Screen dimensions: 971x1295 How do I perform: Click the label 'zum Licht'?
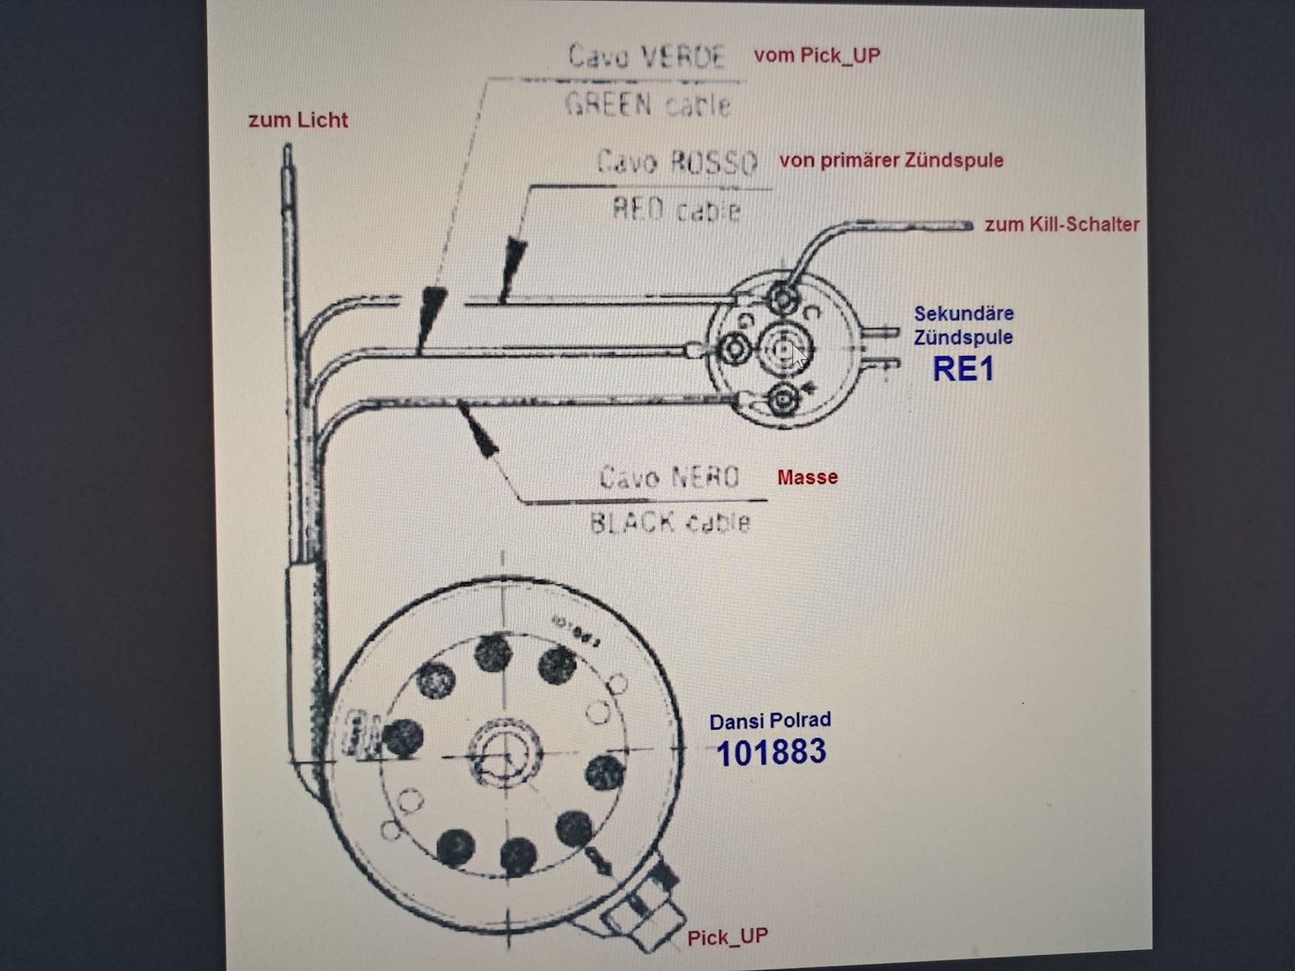pos(298,121)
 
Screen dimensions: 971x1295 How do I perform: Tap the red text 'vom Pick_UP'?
pos(817,56)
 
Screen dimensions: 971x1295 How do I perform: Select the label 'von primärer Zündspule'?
pos(891,160)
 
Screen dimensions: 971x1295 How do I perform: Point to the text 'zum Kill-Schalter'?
pos(1062,225)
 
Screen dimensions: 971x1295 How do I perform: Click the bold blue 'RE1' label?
pos(962,369)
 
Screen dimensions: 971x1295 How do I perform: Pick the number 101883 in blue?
pos(771,753)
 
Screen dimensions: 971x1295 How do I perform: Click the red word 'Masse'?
pos(807,477)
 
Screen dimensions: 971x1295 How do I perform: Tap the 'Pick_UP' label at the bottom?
pos(728,938)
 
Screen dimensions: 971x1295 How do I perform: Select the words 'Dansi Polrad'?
pos(770,721)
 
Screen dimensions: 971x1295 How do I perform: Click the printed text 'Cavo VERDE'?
pos(647,57)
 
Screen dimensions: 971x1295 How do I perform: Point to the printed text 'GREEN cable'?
pos(647,105)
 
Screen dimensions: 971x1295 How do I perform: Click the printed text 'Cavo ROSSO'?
pos(677,163)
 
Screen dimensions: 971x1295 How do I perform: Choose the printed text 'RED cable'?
pos(677,210)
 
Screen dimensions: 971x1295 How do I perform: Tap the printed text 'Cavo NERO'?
pos(669,477)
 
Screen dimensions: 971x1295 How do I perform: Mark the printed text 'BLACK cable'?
pos(669,523)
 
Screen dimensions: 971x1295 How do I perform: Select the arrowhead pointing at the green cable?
pos(431,312)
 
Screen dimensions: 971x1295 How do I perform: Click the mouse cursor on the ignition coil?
pos(799,354)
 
